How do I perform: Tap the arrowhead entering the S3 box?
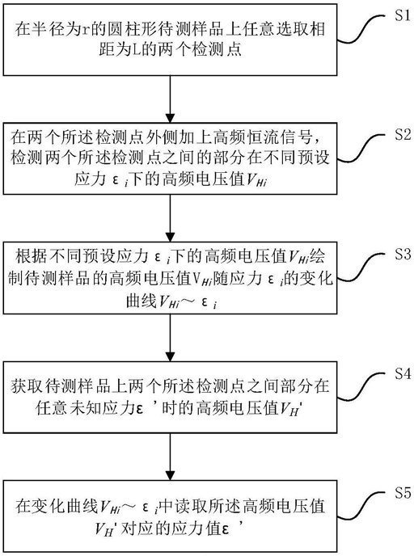click(171, 238)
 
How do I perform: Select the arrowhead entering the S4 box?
click(171, 357)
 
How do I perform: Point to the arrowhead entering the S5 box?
click(171, 476)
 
